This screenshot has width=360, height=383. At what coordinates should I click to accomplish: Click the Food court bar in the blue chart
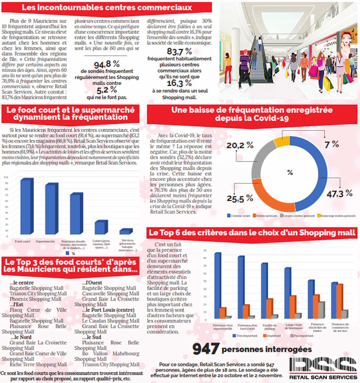tap(27, 207)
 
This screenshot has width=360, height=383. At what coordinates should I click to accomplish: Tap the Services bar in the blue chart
tap(126, 231)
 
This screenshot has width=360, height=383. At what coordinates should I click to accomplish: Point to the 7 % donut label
tap(332, 144)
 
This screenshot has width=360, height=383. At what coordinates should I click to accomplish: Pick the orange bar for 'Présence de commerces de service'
tap(339, 301)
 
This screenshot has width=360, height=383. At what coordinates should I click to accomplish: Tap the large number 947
tap(206, 349)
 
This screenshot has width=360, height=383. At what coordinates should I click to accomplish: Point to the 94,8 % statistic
tap(107, 64)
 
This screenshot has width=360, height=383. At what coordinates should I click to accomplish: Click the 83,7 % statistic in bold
tap(179, 51)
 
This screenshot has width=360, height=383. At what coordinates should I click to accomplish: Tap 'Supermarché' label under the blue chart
tap(45, 241)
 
